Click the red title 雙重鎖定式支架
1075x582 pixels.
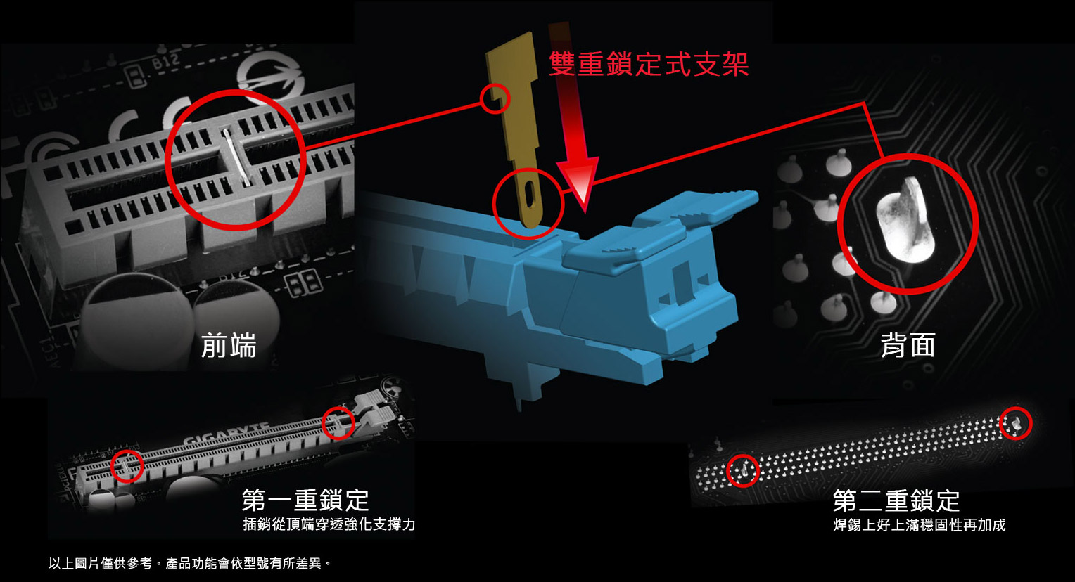649,64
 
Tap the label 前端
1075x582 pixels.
229,345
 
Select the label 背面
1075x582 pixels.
908,345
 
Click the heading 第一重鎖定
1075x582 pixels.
305,500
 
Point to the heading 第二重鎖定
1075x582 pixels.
896,500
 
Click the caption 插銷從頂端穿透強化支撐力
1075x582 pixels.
329,524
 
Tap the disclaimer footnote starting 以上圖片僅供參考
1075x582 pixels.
190,563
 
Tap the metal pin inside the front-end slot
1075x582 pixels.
236,157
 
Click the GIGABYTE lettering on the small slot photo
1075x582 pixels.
226,433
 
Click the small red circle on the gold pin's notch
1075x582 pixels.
495,99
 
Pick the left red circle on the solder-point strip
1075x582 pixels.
744,470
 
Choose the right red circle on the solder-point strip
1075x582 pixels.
1016,423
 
